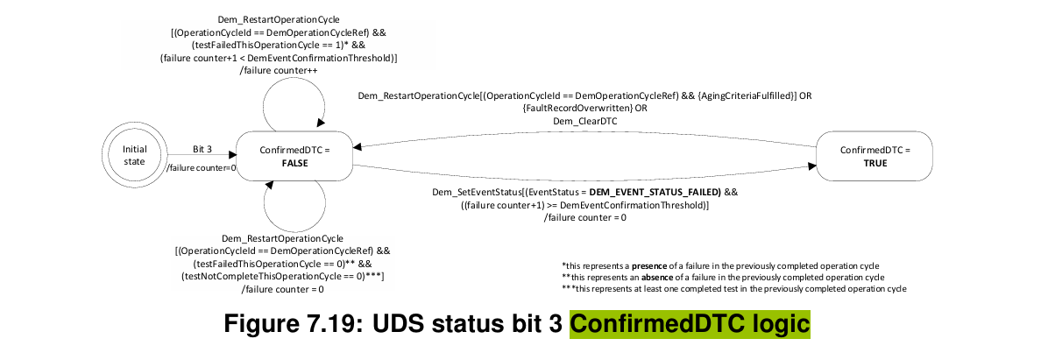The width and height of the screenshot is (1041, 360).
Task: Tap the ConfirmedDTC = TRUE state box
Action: point(875,156)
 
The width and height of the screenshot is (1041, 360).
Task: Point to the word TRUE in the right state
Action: point(875,162)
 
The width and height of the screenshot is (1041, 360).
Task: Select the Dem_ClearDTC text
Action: point(584,122)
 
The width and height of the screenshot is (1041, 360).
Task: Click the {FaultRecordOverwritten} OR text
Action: point(584,109)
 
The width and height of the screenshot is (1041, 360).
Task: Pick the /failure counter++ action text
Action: point(278,72)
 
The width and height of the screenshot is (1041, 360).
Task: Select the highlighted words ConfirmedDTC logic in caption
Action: point(690,324)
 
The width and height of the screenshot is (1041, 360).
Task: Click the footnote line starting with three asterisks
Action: point(733,288)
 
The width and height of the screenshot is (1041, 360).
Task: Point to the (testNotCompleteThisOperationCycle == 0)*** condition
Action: point(282,276)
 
